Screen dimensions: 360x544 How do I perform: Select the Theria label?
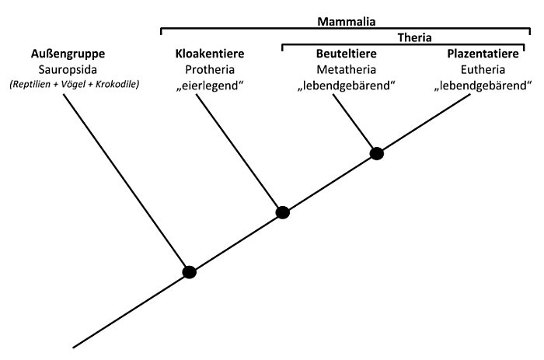point(414,37)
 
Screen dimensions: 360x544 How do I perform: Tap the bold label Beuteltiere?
point(345,54)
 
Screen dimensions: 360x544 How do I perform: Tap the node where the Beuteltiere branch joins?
point(377,153)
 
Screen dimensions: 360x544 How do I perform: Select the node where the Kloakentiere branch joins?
point(283,211)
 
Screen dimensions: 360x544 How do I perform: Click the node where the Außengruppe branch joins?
point(189,271)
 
